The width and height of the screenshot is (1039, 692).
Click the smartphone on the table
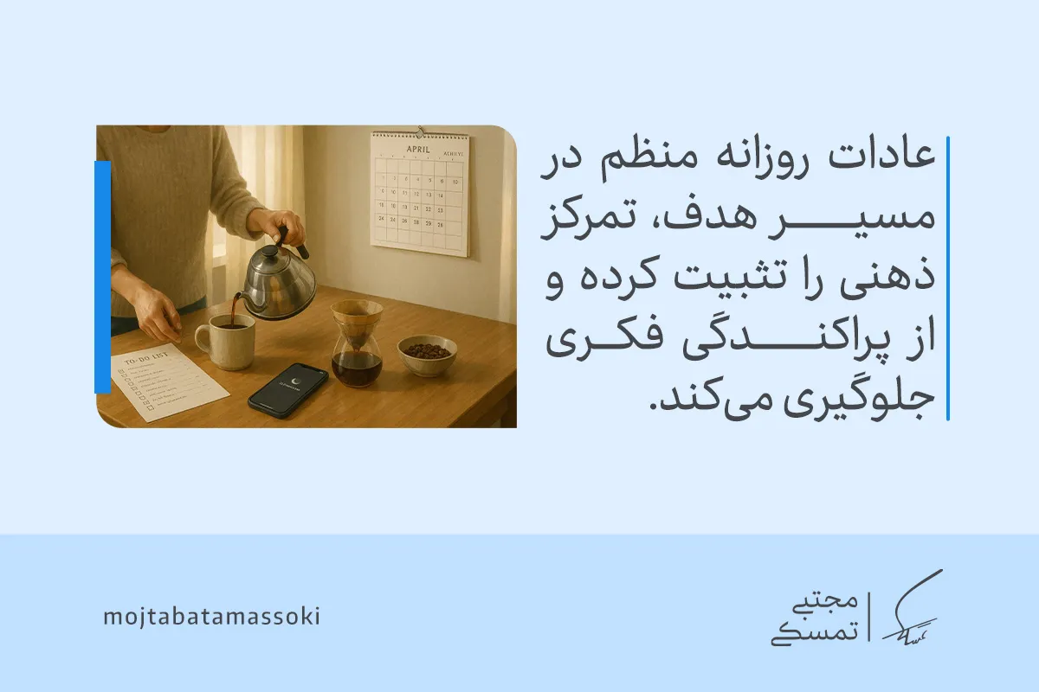pos(287,391)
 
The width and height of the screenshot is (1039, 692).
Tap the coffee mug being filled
pos(226,341)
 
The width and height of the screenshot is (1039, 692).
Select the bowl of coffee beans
pos(427,355)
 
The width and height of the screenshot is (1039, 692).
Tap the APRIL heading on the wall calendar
pos(418,148)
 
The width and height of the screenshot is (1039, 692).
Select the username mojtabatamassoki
pos(211,618)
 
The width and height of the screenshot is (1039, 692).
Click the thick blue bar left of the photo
pos(102,277)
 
